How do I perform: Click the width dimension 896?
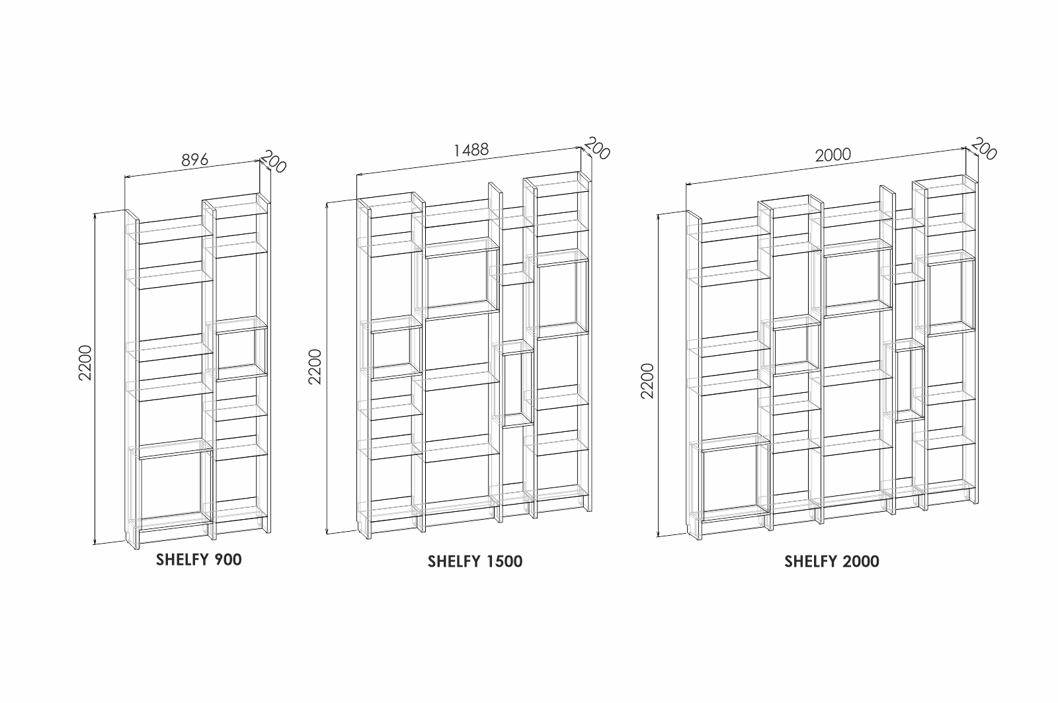point(195,160)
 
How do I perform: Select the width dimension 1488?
point(471,150)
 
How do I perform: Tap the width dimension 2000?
point(833,155)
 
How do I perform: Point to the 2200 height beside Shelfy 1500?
point(315,366)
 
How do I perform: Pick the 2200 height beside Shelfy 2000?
point(647,380)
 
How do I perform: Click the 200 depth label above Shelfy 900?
point(274,161)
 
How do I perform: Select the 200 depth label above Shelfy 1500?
point(597,148)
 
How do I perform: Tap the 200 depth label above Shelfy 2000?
point(983,149)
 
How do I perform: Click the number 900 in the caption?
point(228,559)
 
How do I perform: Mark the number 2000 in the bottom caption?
point(860,561)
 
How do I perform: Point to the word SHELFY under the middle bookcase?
point(454,561)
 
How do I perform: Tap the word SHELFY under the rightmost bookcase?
point(811,561)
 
